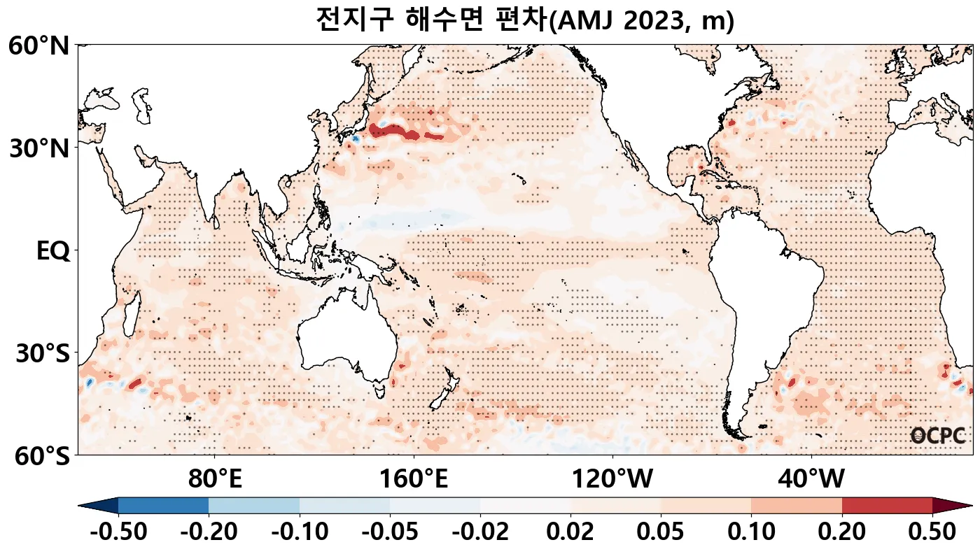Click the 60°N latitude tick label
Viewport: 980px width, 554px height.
[x=39, y=47]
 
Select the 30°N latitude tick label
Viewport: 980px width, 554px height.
[x=39, y=148]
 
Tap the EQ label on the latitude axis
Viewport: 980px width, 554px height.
[x=52, y=250]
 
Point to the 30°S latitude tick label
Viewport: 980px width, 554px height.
[x=42, y=353]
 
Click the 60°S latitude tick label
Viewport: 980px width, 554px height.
[x=39, y=455]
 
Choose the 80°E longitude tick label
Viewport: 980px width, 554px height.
[x=215, y=480]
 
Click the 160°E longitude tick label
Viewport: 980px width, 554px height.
[x=414, y=480]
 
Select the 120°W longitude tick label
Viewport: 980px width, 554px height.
[x=612, y=480]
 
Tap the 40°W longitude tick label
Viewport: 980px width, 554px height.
[x=811, y=480]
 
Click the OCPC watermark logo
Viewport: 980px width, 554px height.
[x=938, y=436]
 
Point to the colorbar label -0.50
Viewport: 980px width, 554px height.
[x=118, y=532]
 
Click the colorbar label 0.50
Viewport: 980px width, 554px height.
[x=932, y=532]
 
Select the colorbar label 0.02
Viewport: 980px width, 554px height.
[x=570, y=532]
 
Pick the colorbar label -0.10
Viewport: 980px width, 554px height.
[x=300, y=532]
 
